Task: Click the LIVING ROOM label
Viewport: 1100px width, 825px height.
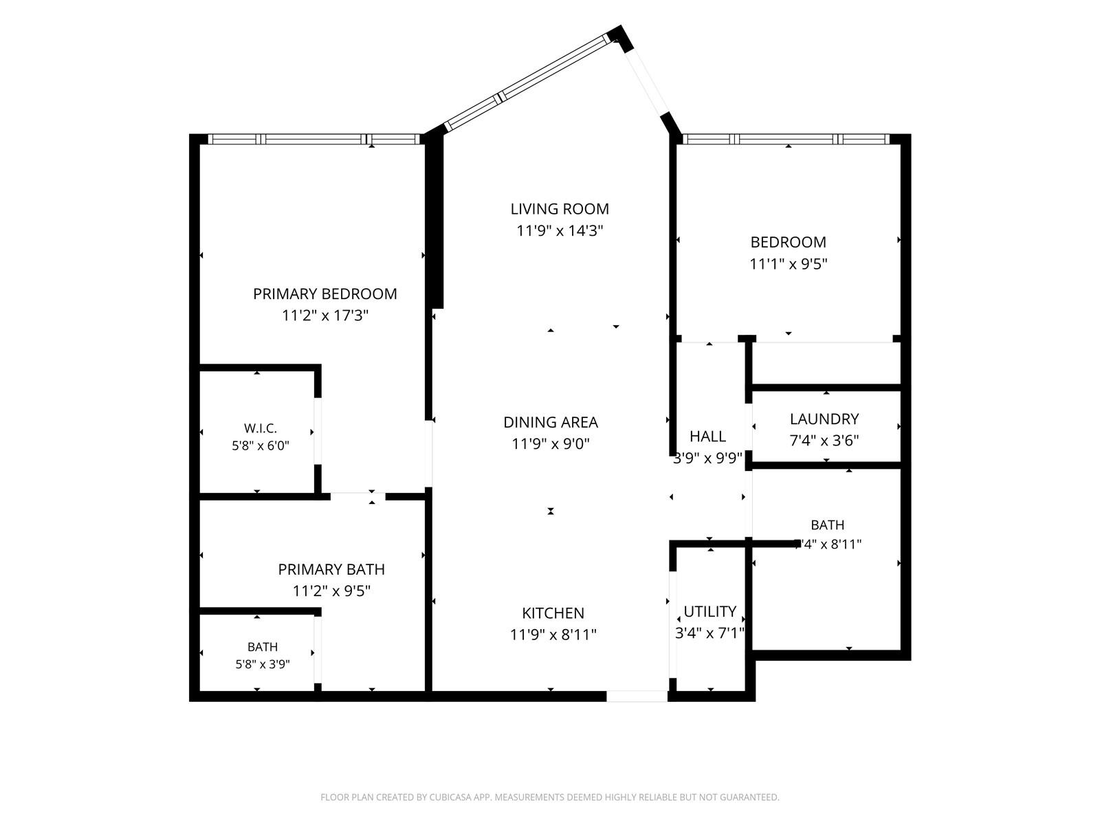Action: pyautogui.click(x=559, y=209)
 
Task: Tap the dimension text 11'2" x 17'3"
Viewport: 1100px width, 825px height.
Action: pyautogui.click(x=324, y=316)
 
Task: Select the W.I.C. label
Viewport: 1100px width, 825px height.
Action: pyautogui.click(x=260, y=428)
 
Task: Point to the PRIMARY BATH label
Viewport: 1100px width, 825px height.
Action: pyautogui.click(x=331, y=569)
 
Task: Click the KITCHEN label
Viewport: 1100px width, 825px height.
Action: pyautogui.click(x=553, y=613)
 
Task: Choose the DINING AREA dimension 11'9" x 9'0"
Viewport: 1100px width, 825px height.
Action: pyautogui.click(x=550, y=444)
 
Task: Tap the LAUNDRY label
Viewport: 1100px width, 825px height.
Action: pyautogui.click(x=824, y=419)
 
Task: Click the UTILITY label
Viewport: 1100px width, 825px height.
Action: pyautogui.click(x=709, y=612)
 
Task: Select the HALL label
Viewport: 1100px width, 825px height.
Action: pyautogui.click(x=707, y=437)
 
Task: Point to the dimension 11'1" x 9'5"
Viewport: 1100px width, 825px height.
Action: pyautogui.click(x=788, y=264)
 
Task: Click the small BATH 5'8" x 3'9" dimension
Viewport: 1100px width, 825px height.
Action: pyautogui.click(x=262, y=664)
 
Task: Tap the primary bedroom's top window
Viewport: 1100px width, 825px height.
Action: pyautogui.click(x=313, y=140)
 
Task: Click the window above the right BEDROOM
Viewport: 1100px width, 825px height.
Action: pyautogui.click(x=786, y=140)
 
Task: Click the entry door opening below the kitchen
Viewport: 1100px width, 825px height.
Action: pyautogui.click(x=637, y=696)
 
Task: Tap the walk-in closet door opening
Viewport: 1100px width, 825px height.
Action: pyautogui.click(x=318, y=431)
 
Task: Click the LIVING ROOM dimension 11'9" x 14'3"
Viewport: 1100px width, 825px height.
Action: pyautogui.click(x=559, y=231)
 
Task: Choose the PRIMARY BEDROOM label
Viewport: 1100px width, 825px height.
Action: pyautogui.click(x=324, y=294)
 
